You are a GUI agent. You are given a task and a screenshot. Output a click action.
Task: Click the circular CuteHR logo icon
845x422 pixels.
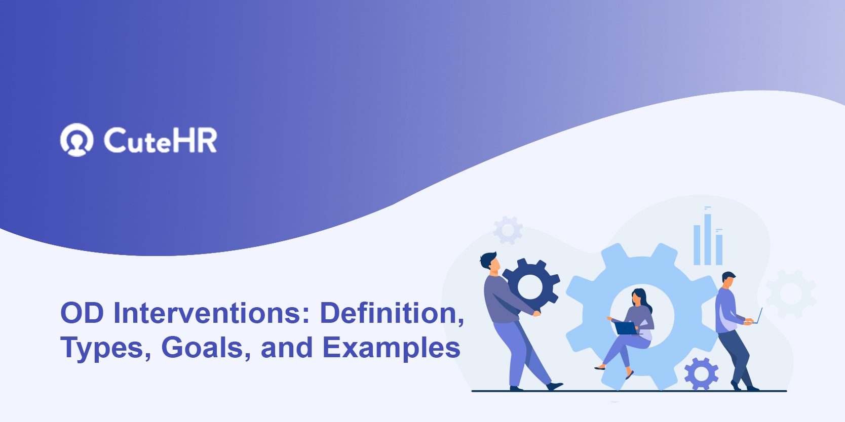(x=76, y=140)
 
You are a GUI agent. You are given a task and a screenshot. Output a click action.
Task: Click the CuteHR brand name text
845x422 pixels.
(x=160, y=140)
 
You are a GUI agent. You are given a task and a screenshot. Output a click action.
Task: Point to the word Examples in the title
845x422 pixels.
(x=391, y=348)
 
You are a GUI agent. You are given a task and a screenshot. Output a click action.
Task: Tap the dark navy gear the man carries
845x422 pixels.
(x=531, y=286)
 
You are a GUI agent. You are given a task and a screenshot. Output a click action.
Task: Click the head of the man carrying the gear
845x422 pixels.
(x=490, y=262)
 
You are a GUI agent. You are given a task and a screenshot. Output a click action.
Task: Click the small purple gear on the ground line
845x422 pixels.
(x=701, y=374)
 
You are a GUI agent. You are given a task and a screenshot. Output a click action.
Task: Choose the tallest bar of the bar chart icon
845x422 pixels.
(x=708, y=239)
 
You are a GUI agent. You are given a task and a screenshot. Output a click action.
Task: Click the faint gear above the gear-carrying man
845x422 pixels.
(x=508, y=230)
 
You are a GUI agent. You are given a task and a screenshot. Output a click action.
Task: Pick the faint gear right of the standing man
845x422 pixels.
(x=791, y=293)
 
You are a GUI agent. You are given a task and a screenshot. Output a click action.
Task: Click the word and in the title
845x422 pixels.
(x=287, y=348)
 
